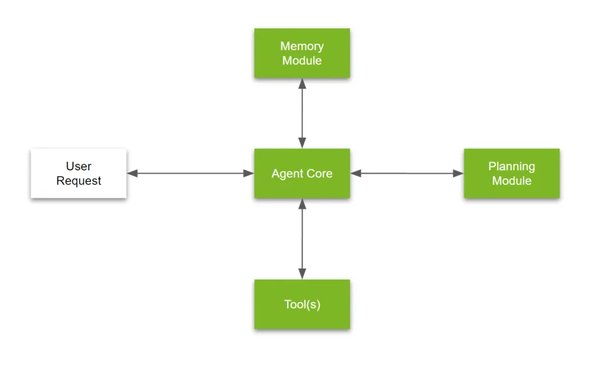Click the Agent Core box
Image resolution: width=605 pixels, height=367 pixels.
(x=302, y=173)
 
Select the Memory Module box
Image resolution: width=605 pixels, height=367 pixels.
(x=302, y=53)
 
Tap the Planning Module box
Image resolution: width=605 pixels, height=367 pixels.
(x=512, y=173)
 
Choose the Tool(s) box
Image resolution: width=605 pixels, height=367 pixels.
(x=302, y=304)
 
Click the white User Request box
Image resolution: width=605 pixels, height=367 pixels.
(x=79, y=173)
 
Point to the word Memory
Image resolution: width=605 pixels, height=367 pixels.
(x=302, y=46)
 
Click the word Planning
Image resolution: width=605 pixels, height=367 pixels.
(x=512, y=166)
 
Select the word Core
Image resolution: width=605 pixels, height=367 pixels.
(x=319, y=174)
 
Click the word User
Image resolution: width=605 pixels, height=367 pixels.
(x=79, y=166)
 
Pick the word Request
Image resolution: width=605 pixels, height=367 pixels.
(x=79, y=181)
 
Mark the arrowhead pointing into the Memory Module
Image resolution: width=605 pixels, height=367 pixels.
(x=302, y=83)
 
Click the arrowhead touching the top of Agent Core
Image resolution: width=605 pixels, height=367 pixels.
(x=302, y=143)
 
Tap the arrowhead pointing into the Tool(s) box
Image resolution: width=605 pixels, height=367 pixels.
(x=302, y=274)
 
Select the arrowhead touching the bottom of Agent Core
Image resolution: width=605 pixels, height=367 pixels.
(x=302, y=204)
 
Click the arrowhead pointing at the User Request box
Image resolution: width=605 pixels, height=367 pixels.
(x=132, y=173)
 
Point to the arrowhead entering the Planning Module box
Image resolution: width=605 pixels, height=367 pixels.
(x=458, y=173)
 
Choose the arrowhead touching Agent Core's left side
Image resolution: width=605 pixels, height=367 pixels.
(x=249, y=173)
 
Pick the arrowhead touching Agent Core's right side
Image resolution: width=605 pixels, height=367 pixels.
(x=356, y=173)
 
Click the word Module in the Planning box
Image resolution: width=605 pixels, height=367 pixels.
(x=512, y=181)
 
